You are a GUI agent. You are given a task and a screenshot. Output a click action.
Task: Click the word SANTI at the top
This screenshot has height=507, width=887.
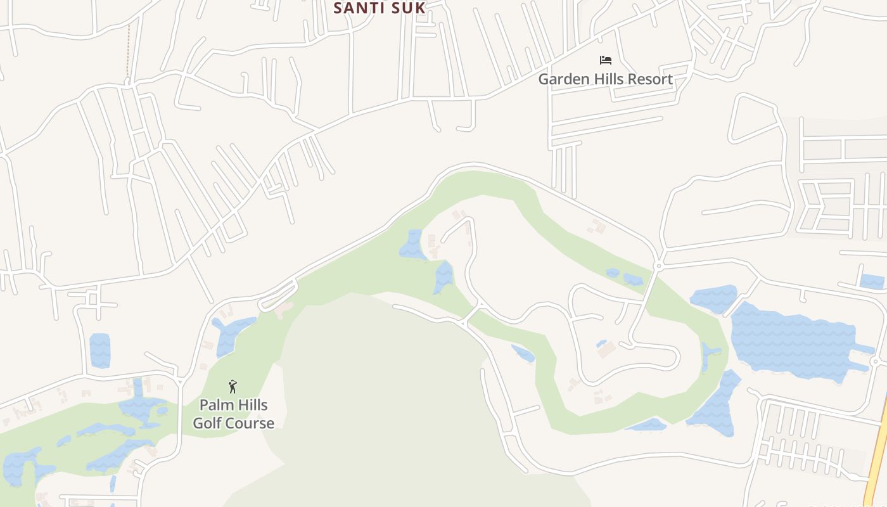click(357, 8)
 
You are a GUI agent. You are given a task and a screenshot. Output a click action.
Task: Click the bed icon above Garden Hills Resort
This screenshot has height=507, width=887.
click(606, 60)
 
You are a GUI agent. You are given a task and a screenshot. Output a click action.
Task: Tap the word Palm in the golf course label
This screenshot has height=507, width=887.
click(215, 405)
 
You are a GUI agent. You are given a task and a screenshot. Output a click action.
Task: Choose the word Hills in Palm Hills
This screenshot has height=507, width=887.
click(252, 405)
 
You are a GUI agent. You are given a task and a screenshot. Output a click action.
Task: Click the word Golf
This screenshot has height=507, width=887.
click(208, 423)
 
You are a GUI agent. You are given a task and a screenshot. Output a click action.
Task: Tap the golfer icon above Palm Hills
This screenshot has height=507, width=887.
click(233, 386)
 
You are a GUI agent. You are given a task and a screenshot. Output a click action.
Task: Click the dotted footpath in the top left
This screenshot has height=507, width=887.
click(128, 51)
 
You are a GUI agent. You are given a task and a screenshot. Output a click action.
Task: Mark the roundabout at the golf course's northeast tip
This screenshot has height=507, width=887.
click(658, 266)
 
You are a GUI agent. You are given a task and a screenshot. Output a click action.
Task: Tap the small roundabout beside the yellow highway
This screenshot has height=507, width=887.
click(875, 361)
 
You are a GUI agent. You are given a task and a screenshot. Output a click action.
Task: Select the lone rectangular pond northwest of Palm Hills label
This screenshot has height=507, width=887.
click(100, 350)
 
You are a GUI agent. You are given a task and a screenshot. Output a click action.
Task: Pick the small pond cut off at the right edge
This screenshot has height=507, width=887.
click(873, 281)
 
